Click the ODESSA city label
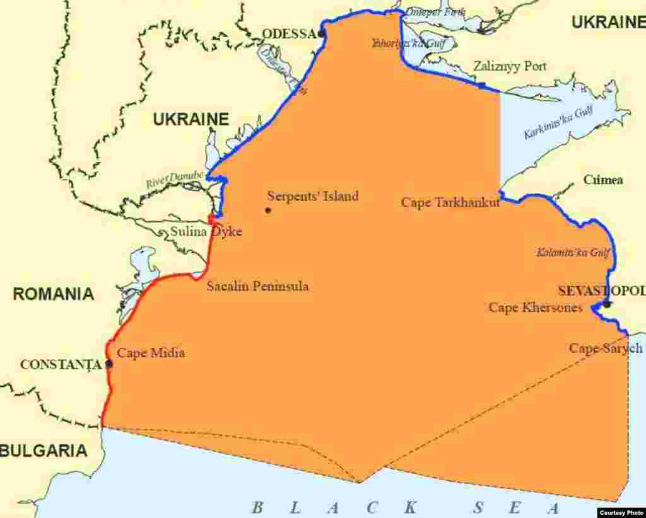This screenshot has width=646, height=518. click(288, 34)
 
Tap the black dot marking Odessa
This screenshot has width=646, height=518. click(322, 33)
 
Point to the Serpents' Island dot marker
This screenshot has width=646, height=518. click(268, 210)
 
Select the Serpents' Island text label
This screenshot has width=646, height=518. click(313, 196)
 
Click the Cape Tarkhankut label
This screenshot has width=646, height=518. click(450, 202)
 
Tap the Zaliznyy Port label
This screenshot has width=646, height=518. click(510, 66)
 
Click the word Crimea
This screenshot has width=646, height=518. click(603, 180)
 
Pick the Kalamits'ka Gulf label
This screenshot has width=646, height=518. click(573, 253)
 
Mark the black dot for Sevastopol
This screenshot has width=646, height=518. click(606, 304)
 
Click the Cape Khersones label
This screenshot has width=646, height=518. click(536, 308)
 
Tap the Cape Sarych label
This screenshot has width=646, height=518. click(606, 348)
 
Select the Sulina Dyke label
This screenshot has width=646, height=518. click(206, 232)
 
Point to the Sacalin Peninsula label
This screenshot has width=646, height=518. click(257, 286)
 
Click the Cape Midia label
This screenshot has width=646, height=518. click(151, 353)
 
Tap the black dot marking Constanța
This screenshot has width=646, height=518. click(109, 364)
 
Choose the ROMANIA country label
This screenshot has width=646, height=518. click(54, 294)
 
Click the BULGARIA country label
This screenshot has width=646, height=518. click(44, 451)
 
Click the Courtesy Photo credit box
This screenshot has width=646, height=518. click(621, 512)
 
